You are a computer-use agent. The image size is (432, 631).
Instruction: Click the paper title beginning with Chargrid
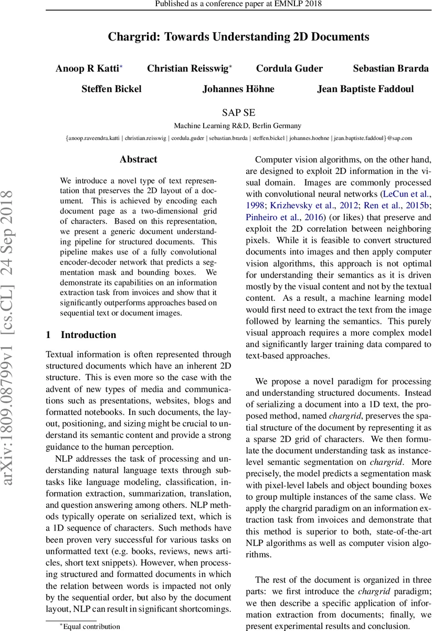(238, 37)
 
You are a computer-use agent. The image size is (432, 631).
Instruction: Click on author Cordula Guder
(289, 68)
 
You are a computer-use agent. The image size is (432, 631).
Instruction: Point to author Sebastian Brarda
(383, 68)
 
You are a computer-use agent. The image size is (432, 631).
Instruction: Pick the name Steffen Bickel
(111, 89)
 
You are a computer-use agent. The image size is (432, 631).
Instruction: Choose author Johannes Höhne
(238, 89)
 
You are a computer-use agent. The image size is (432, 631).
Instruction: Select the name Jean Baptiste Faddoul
(365, 89)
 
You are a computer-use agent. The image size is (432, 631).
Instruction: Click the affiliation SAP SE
(238, 112)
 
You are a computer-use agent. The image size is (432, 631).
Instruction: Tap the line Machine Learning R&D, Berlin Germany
(238, 126)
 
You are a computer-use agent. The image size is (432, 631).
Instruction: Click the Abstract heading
(138, 159)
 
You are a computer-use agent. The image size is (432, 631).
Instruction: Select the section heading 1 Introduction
(81, 335)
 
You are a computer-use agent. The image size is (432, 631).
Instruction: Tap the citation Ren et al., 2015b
(381, 206)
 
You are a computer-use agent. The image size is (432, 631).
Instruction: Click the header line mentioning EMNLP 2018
(238, 5)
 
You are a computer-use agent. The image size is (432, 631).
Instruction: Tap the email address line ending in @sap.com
(238, 138)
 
